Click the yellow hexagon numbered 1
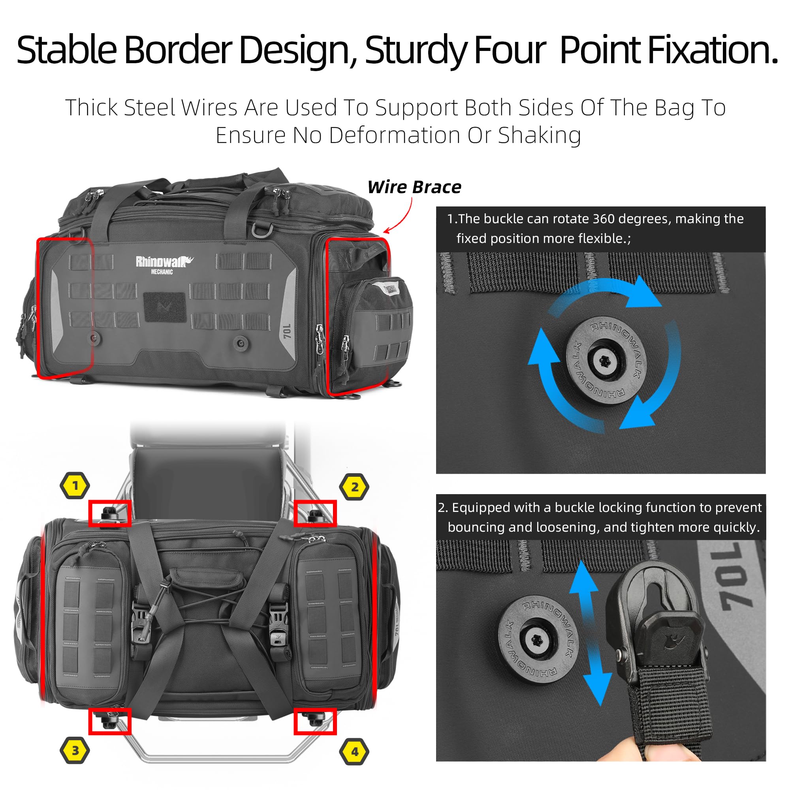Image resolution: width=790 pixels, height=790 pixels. tap(75, 485)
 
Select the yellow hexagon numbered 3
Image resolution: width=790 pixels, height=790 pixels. tap(75, 750)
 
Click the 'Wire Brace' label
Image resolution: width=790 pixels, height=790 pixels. tap(414, 187)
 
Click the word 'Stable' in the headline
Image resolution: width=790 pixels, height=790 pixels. tap(67, 50)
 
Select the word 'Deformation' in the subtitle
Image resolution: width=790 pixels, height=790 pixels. tap(394, 135)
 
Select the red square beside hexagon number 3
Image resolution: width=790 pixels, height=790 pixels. tap(109, 721)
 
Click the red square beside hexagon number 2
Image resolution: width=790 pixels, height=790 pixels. tap(315, 513)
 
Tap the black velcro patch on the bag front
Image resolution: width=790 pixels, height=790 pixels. tap(165, 307)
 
